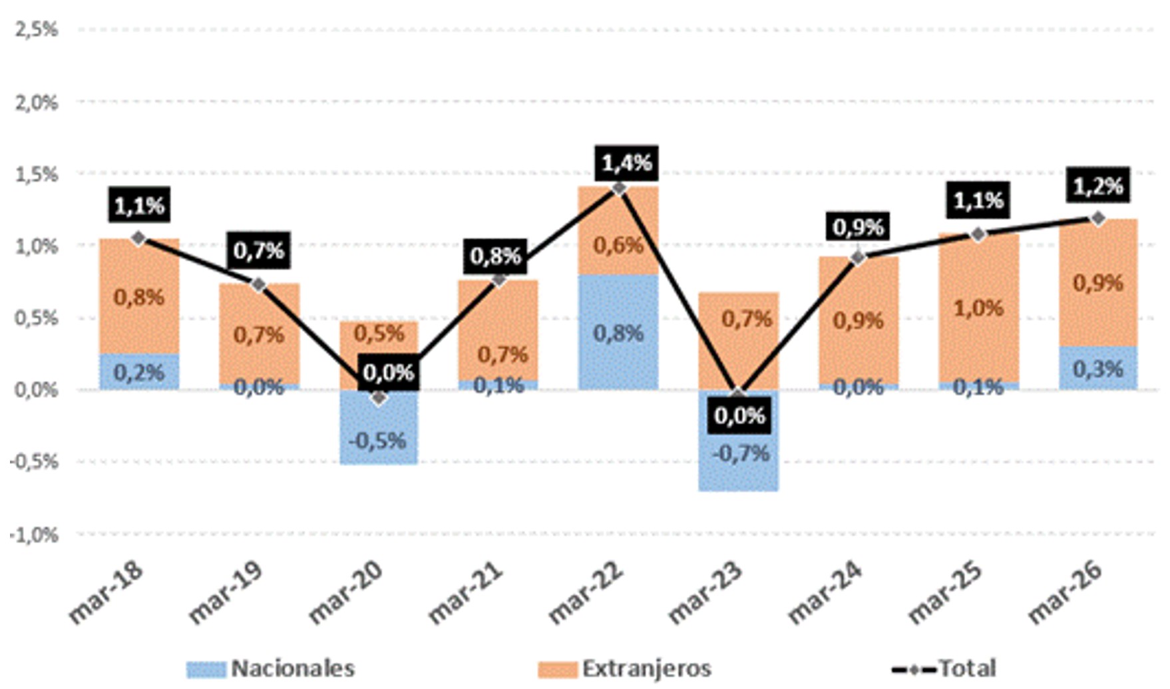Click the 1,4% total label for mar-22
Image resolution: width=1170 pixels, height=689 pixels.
coord(627,163)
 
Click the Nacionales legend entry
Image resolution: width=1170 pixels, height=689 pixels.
coord(271,668)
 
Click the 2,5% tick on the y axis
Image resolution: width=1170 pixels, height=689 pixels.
coord(35,30)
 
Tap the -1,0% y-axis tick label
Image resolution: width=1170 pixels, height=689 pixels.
coord(33,534)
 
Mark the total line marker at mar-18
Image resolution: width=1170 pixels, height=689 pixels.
coord(138,238)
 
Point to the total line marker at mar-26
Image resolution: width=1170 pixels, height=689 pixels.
coord(1097,218)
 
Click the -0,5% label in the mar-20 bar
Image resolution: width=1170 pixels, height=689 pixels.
coord(378,441)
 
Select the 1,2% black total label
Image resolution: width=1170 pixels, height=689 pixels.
coord(1098,187)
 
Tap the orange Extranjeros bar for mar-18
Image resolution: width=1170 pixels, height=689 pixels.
coord(139,296)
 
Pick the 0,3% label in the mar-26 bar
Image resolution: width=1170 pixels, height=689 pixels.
coord(1098,368)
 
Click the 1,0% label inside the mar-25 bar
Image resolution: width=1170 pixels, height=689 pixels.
coord(978,308)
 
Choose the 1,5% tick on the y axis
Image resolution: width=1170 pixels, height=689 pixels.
coord(35,174)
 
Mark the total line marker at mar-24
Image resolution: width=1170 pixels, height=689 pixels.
coord(859,257)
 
